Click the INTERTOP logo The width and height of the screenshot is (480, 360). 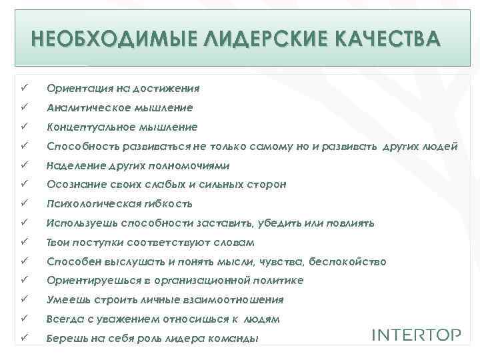click(416, 334)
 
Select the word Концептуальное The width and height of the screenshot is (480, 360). click(86, 127)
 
